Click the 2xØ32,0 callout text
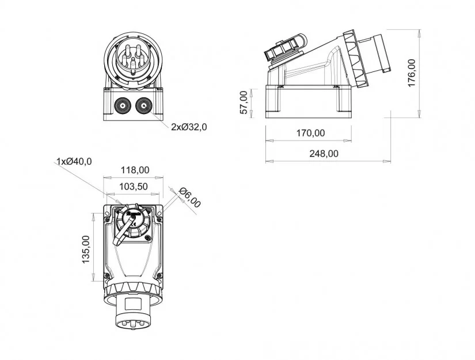[188, 127]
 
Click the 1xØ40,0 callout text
[74, 161]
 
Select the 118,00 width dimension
[134, 170]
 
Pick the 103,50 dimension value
[134, 186]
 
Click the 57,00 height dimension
[244, 103]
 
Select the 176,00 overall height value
[411, 72]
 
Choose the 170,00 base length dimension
[310, 133]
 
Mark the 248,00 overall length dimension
[323, 153]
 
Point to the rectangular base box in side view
[308, 101]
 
